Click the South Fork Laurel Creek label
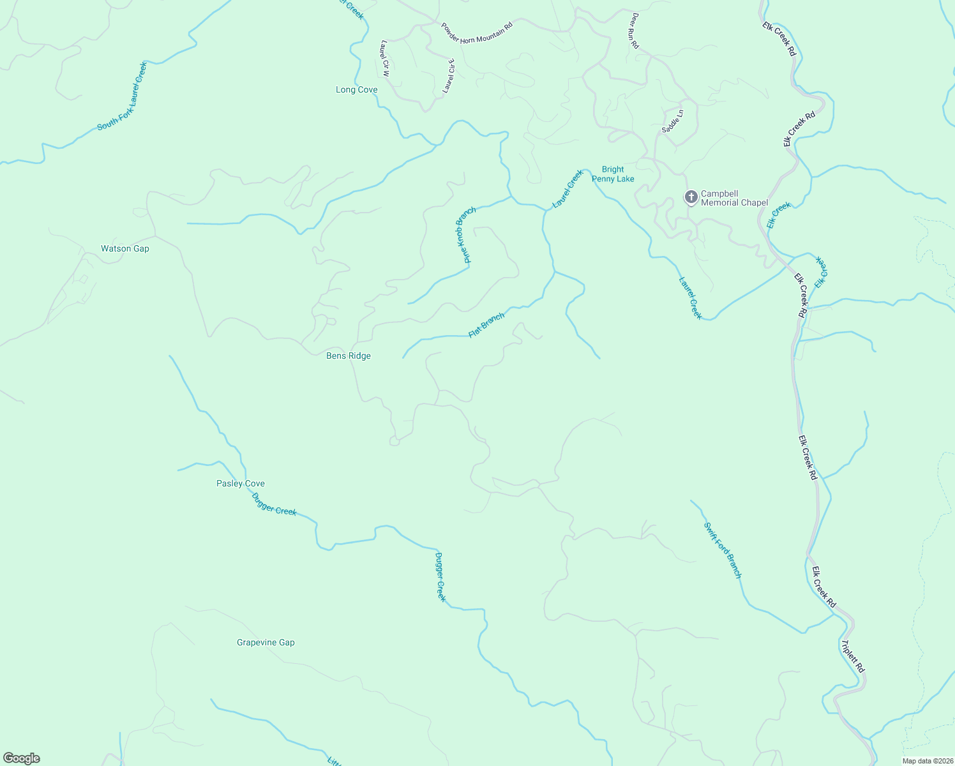122,96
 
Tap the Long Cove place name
356,90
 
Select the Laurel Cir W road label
385,58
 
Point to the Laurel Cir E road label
449,76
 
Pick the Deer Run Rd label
635,31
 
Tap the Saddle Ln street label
673,121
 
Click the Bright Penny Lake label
613,174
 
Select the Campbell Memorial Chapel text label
734,198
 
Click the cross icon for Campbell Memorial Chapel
691,197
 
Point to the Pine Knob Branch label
466,235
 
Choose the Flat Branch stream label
486,326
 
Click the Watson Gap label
125,249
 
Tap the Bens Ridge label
349,356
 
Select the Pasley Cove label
241,484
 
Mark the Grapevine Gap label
266,643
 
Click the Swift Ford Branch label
723,550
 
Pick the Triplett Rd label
853,657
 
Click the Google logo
22,758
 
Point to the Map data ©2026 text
927,761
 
